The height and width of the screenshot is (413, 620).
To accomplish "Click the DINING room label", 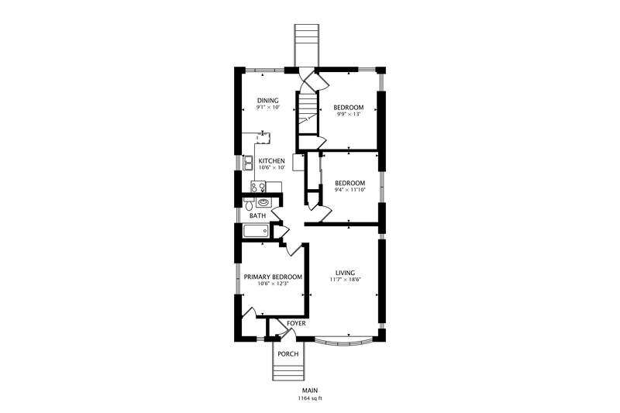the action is click(x=267, y=101).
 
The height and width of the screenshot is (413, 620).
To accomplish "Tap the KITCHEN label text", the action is click(x=271, y=161).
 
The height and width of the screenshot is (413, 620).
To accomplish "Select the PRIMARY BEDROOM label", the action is click(x=273, y=277).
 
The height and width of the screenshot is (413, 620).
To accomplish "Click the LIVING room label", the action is click(x=345, y=273).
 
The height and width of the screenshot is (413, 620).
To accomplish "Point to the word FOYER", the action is click(x=296, y=323).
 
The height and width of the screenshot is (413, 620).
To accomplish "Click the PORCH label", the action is click(x=288, y=354).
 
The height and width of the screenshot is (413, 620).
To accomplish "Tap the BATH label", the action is click(x=257, y=215).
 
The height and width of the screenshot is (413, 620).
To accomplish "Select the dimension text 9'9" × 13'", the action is click(x=348, y=114).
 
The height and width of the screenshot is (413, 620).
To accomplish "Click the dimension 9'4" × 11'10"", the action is click(x=350, y=190).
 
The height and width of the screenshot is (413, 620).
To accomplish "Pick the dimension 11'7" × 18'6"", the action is click(x=345, y=280).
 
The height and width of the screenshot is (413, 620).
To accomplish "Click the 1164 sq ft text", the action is click(x=310, y=398).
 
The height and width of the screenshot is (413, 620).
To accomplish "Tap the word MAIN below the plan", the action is click(x=310, y=391).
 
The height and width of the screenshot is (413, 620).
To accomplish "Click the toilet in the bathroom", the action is click(x=248, y=204).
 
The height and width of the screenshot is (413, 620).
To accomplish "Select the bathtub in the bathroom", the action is click(x=256, y=231).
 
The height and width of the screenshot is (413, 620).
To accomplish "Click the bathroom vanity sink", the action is click(x=263, y=203).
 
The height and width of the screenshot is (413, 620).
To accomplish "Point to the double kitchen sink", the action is click(x=248, y=163).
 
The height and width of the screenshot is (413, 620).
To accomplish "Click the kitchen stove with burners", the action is click(x=258, y=187).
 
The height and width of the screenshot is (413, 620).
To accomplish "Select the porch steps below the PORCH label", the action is click(x=288, y=373).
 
